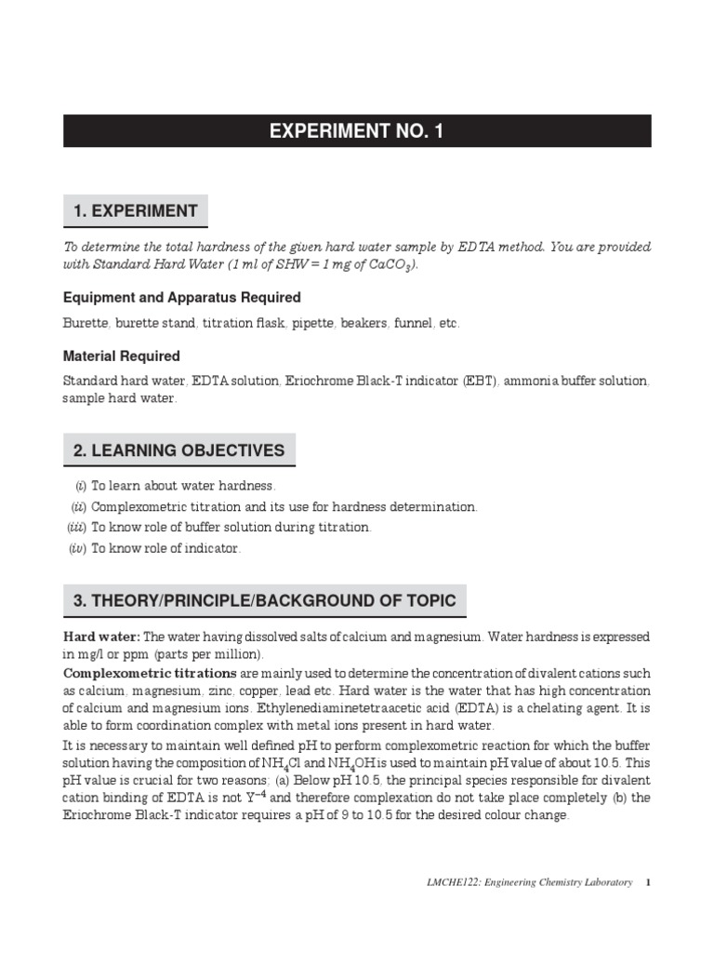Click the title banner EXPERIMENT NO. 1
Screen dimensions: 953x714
(357, 131)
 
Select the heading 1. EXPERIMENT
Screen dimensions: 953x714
(136, 211)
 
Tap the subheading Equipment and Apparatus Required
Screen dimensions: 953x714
(181, 298)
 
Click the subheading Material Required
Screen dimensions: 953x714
(121, 356)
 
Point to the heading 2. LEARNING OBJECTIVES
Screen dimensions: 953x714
(178, 451)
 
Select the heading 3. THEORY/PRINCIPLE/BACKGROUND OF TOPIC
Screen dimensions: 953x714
(264, 601)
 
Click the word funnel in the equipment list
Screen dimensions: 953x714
(412, 324)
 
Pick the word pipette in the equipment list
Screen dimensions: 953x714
(311, 324)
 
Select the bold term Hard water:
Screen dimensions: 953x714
(101, 638)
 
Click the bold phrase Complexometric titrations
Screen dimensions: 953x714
(150, 673)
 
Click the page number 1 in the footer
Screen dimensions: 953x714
(648, 882)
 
